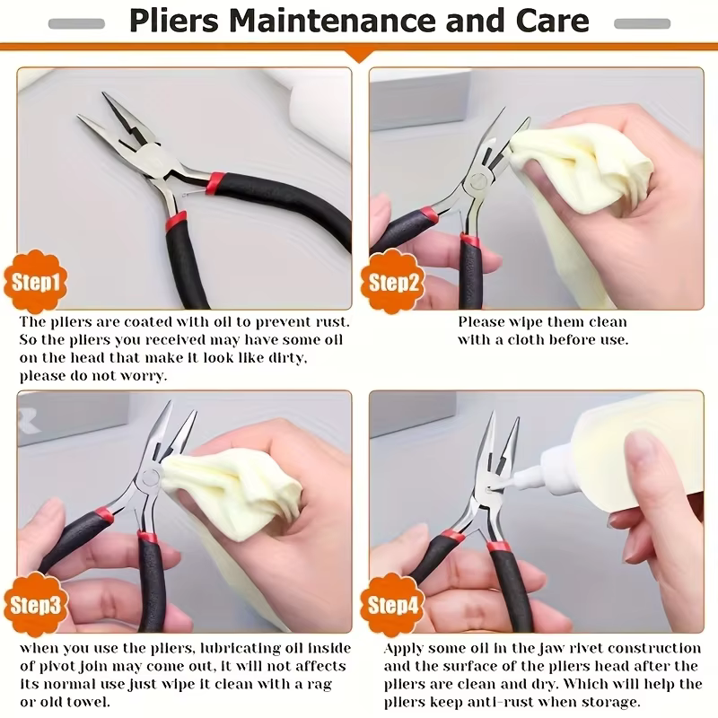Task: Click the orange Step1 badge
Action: point(35,281)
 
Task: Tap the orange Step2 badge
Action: point(393,281)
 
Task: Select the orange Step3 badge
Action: point(35,604)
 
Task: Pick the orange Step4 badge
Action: point(393,604)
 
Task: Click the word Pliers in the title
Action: point(174,22)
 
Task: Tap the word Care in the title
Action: point(552,21)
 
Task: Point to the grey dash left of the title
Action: point(76,23)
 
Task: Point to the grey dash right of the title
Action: point(642,23)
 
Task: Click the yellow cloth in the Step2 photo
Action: point(582,174)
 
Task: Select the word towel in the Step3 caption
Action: point(88,702)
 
